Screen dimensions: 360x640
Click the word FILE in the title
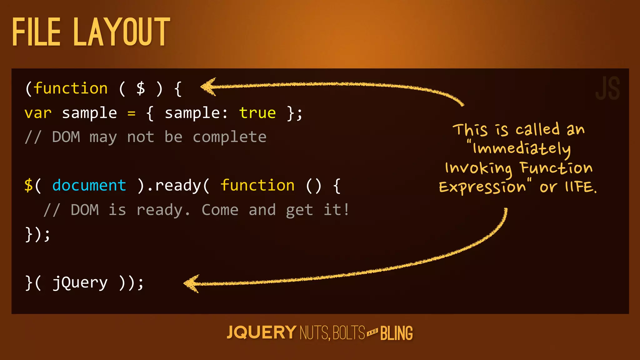point(36,32)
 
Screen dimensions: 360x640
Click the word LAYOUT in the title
point(122,32)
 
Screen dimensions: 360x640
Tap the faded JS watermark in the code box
point(607,89)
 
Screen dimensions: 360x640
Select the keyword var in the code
point(38,113)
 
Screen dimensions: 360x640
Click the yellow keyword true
point(257,113)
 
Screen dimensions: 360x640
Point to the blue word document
point(89,185)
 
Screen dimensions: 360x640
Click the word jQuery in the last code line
point(80,283)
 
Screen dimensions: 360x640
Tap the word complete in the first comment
point(229,137)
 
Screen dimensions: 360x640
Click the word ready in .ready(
point(178,186)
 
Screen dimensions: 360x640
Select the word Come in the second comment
point(220,210)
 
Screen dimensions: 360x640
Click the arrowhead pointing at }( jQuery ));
point(191,283)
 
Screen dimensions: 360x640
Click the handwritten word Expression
point(482,187)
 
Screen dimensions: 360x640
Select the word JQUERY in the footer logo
point(261,332)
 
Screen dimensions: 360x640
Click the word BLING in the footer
point(397,333)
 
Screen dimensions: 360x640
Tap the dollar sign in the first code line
point(141,88)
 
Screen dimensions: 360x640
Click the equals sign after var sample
point(132,113)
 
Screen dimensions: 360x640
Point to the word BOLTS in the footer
point(349,333)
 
